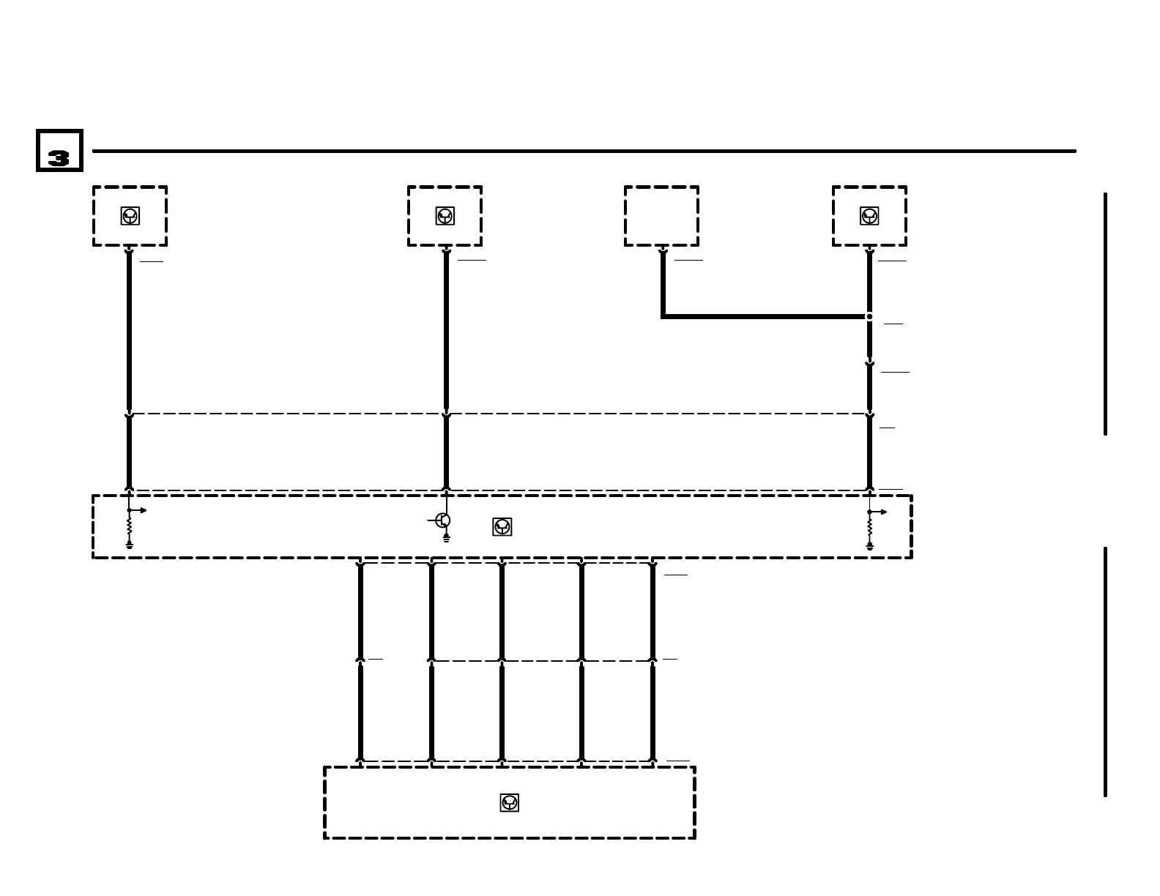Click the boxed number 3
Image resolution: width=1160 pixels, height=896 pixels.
(59, 151)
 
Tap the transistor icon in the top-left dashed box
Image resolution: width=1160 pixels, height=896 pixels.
(130, 216)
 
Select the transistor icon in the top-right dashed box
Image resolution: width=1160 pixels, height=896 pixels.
(869, 216)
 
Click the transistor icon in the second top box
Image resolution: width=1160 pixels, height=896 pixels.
(445, 216)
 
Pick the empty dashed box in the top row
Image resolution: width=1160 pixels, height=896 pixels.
(661, 216)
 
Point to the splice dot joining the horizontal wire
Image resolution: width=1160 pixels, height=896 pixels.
(869, 316)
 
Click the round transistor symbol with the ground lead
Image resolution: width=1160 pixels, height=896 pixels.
(443, 520)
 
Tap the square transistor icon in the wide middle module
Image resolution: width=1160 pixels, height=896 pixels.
(502, 527)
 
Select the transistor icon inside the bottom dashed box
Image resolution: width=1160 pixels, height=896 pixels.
(510, 803)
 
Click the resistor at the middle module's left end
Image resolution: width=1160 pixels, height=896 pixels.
(130, 526)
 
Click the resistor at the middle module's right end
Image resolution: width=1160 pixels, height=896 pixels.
(870, 527)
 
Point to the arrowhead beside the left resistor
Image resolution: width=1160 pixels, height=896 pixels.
(143, 510)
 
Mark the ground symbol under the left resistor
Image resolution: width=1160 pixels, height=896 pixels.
(130, 545)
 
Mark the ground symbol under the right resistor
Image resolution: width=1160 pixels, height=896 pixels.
(870, 546)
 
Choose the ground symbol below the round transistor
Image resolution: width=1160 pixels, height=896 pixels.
(446, 539)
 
